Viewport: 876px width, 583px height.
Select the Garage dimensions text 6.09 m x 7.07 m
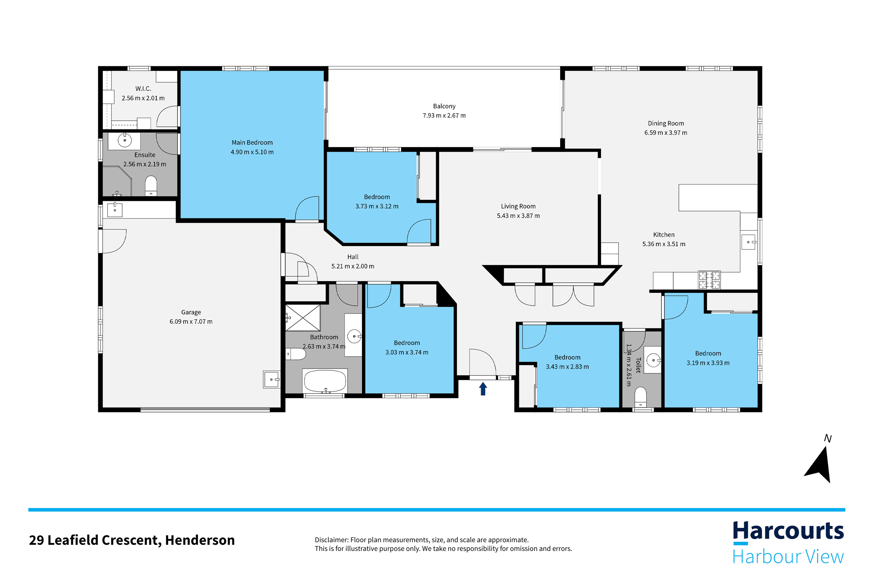pyautogui.click(x=191, y=322)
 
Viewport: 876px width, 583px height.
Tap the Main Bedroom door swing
pyautogui.click(x=307, y=209)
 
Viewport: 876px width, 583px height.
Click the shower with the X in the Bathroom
pyautogui.click(x=303, y=317)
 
